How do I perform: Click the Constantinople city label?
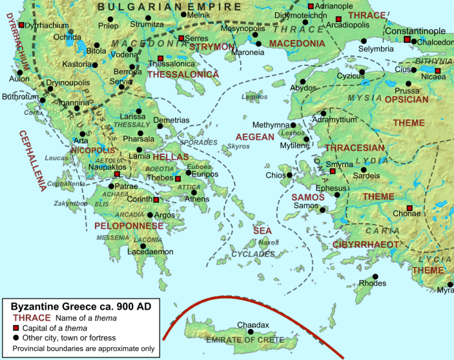(x=415, y=31)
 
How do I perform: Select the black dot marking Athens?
(x=194, y=192)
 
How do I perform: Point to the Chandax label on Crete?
(x=253, y=325)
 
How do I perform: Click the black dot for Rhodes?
(x=375, y=276)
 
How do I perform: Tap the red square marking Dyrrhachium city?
(x=21, y=25)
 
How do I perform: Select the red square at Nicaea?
(x=437, y=70)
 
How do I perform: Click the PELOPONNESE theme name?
(x=129, y=226)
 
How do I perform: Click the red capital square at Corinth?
(x=156, y=200)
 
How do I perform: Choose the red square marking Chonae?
(x=409, y=208)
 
